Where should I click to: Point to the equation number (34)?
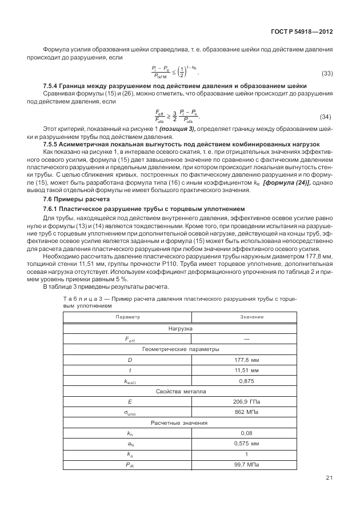[x=326, y=117]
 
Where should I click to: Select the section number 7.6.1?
[x=53, y=209]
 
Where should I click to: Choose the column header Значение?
[x=247, y=316]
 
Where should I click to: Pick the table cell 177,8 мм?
[x=247, y=360]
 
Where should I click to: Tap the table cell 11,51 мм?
[x=247, y=370]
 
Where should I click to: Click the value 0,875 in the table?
[x=247, y=381]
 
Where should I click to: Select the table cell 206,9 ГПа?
[x=247, y=402]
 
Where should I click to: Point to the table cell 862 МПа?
[x=247, y=413]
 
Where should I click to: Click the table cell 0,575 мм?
[x=247, y=444]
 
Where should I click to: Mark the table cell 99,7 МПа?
[x=247, y=465]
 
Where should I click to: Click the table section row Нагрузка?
[x=180, y=329]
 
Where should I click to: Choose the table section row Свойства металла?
[x=180, y=392]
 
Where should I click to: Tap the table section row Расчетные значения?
[x=180, y=423]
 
